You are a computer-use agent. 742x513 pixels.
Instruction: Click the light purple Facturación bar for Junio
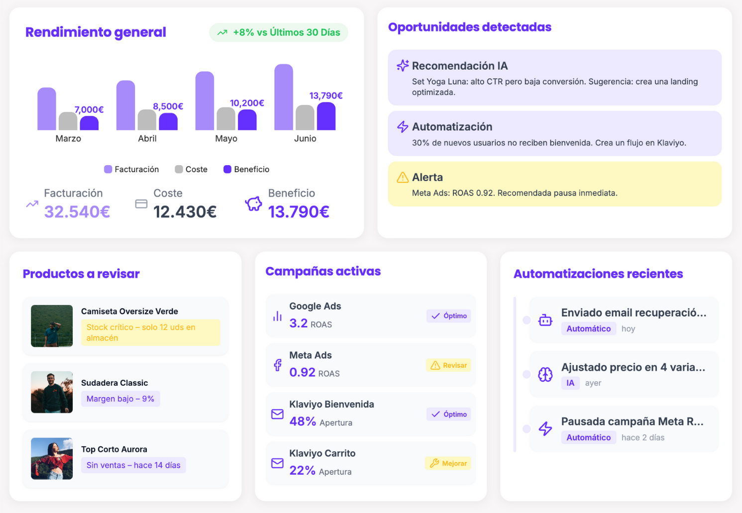[x=284, y=97]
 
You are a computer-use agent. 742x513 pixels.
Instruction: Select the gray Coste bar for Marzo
[x=68, y=121]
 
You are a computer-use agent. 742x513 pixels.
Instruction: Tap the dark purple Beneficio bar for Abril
[x=168, y=122]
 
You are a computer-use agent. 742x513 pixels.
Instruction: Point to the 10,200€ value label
[x=247, y=103]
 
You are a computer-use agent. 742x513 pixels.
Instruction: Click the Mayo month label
[x=226, y=138]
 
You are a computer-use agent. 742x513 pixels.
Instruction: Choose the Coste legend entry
[x=192, y=169]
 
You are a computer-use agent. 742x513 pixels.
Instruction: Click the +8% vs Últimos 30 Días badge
[x=279, y=32]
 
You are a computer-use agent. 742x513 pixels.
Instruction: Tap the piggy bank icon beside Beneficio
[x=253, y=204]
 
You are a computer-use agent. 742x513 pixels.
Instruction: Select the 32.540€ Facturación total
[x=77, y=211]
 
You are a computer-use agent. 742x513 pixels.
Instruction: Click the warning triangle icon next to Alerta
[x=403, y=177]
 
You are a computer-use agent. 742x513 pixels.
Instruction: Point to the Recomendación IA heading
[x=460, y=66]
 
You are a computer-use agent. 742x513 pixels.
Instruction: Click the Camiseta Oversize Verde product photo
[x=52, y=326]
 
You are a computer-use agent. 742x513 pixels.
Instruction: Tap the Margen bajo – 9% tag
[x=120, y=399]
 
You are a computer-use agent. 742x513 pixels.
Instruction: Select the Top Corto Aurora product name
[x=114, y=449]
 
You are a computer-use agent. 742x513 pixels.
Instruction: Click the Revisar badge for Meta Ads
[x=449, y=365]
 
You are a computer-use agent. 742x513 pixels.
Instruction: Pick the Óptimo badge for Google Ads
[x=449, y=316]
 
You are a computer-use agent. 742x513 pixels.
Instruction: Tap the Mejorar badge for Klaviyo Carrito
[x=448, y=463]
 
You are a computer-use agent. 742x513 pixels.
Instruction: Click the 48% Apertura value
[x=303, y=421]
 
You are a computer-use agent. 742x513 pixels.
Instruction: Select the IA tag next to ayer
[x=570, y=383]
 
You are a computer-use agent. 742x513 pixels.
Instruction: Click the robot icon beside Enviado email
[x=545, y=320]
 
